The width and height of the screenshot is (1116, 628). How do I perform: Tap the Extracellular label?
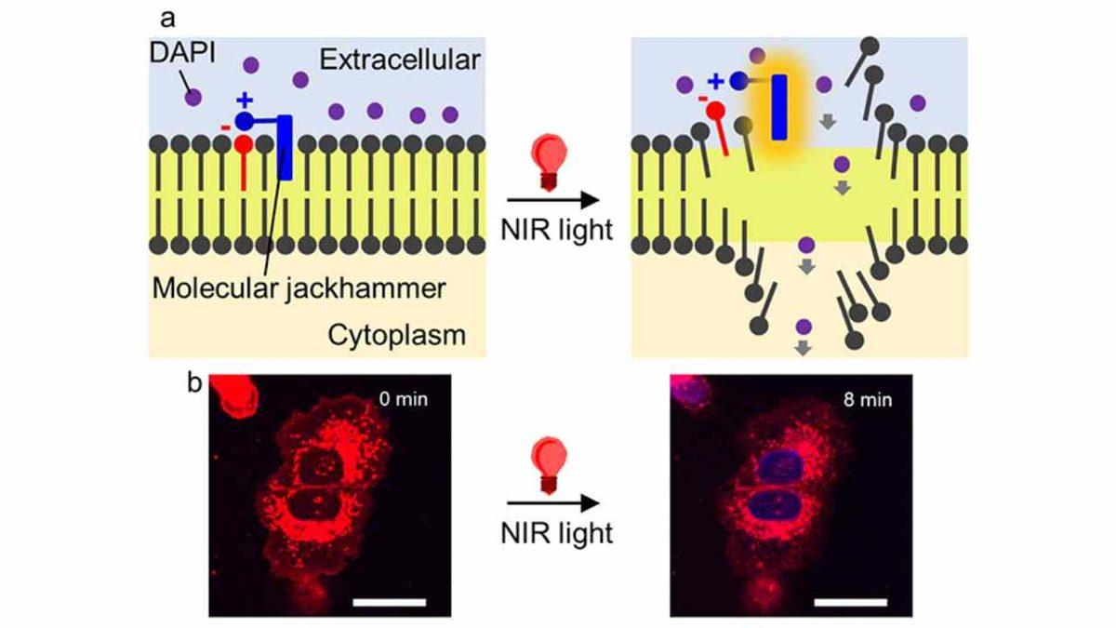coord(399,60)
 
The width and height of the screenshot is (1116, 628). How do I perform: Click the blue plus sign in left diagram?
coord(245,100)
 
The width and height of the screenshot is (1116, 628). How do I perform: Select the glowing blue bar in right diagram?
coord(779,107)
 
